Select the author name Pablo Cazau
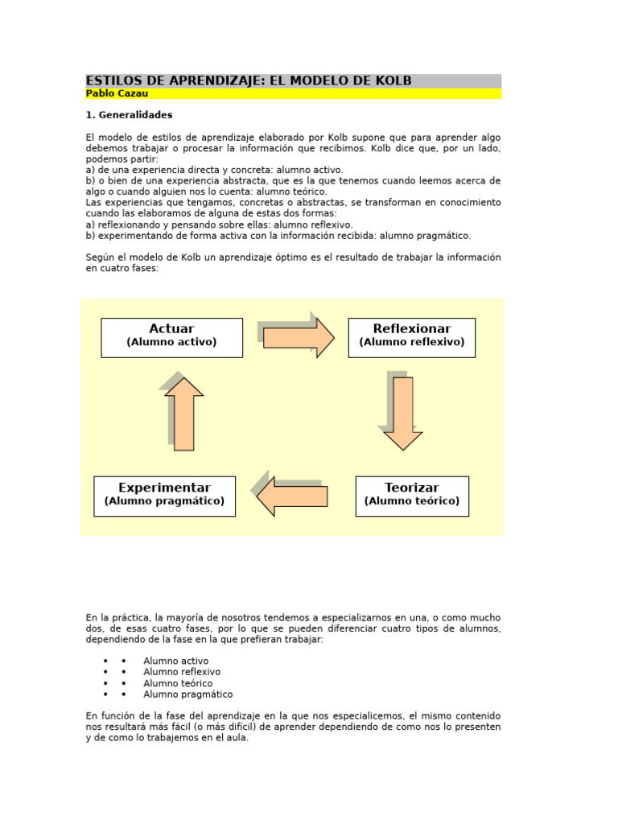pos(117,94)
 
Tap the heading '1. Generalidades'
pos(129,115)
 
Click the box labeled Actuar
pos(171,337)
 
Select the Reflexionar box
pos(411,337)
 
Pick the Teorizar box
pos(411,496)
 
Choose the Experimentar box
pos(164,496)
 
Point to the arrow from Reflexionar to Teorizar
pos(402,412)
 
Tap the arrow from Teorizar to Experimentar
pos(292,496)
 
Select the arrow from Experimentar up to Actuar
pos(183,413)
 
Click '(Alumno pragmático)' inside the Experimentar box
pos(164,501)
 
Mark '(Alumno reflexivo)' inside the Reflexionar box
pos(411,343)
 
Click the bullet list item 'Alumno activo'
pos(175,661)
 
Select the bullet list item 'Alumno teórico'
pos(178,684)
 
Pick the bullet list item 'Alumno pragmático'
pos(187,694)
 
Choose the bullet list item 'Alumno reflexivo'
pos(181,673)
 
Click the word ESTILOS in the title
pos(117,80)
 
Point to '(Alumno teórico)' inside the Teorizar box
pos(411,501)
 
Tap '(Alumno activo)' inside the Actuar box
pos(171,343)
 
